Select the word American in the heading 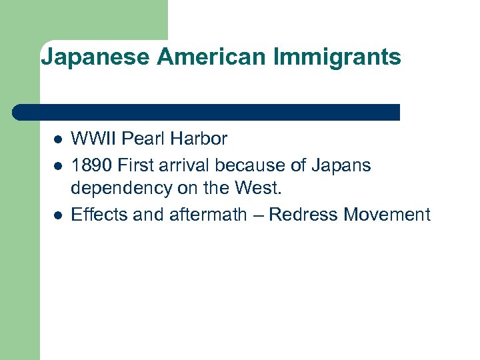(212, 57)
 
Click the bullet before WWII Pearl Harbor (58, 140)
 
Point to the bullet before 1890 (58, 165)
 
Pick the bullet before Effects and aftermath (58, 215)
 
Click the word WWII (91, 139)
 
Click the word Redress (304, 215)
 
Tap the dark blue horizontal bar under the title (207, 112)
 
